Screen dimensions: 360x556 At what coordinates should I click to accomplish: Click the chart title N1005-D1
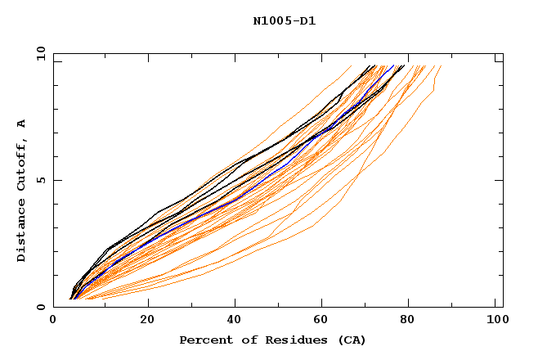[284, 21]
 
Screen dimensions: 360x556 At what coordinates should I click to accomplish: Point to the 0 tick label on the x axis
[53, 321]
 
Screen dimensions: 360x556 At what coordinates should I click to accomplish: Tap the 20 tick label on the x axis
[147, 321]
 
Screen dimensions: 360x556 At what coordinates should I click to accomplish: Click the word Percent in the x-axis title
[203, 340]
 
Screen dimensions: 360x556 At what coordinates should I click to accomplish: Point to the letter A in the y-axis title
[22, 123]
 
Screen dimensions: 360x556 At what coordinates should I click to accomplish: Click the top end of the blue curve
[393, 66]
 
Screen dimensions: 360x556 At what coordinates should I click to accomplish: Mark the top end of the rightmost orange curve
[441, 66]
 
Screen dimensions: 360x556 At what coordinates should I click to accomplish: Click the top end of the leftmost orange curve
[351, 66]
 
